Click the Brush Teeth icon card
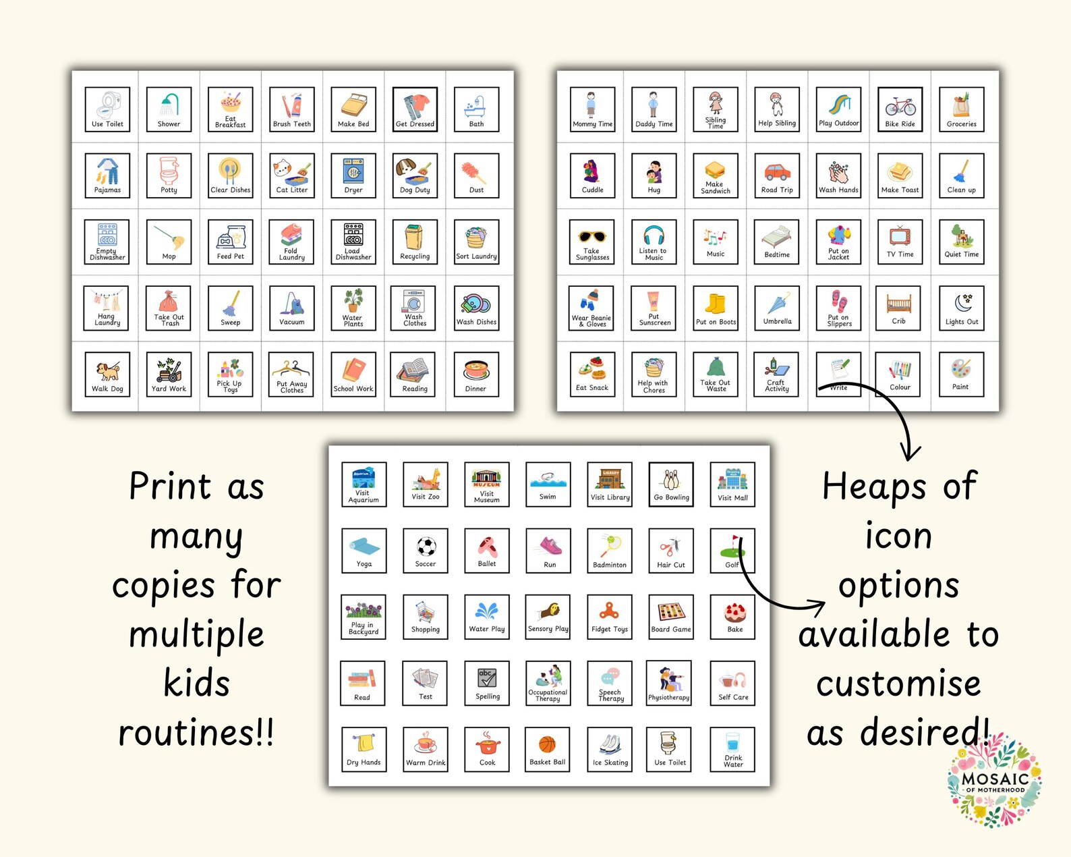[x=291, y=109]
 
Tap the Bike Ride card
[x=900, y=109]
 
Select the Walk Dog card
[x=107, y=375]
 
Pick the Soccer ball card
[x=426, y=550]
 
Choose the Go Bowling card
[x=671, y=484]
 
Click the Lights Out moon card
[x=962, y=308]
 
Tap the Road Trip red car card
[x=777, y=175]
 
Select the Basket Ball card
[x=548, y=749]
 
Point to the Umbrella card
[x=777, y=308]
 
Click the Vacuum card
[x=291, y=308]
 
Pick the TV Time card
[x=900, y=242]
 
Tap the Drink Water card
[x=732, y=749]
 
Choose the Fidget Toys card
[x=610, y=617]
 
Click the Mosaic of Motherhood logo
[x=994, y=780]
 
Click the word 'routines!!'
[x=196, y=733]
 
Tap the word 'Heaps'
[x=873, y=487]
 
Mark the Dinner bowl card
[x=476, y=375]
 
